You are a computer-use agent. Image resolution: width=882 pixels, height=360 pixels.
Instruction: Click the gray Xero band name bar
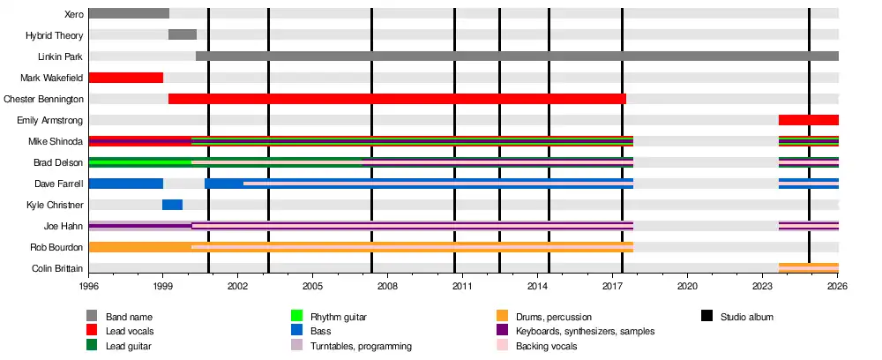129,13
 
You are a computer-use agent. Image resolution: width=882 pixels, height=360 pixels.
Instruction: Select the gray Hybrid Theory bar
183,34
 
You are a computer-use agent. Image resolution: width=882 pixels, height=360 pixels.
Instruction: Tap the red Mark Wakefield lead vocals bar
126,78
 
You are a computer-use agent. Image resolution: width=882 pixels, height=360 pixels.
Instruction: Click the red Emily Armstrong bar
808,120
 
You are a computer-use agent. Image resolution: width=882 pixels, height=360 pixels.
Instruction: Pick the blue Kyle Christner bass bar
172,205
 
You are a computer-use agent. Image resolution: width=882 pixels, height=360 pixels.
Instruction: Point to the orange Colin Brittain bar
808,267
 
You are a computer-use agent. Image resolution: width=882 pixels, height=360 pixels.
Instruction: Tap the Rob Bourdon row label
59,247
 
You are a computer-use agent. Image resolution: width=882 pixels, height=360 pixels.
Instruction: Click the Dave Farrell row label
60,184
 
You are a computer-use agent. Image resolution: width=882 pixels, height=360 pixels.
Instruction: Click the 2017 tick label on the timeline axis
613,287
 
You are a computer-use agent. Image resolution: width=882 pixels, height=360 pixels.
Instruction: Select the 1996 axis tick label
89,287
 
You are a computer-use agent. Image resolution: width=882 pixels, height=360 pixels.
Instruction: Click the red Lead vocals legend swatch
92,331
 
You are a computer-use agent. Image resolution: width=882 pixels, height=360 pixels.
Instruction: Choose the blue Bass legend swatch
297,331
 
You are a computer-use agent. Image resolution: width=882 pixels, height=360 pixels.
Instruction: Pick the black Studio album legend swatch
707,316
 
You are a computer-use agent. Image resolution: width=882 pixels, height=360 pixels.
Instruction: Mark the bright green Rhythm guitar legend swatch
297,316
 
